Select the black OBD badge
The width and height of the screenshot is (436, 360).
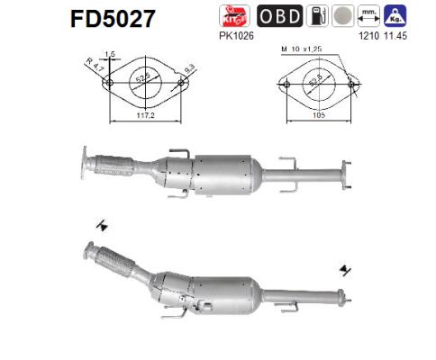click(279, 15)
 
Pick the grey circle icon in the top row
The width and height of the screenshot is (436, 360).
click(338, 15)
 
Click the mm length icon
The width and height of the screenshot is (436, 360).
click(367, 15)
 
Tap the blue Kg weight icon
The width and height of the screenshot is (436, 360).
click(395, 15)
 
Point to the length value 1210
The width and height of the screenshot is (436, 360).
click(367, 35)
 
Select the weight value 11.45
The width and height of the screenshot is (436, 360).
click(395, 35)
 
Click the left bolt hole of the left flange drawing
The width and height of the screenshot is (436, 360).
click(110, 84)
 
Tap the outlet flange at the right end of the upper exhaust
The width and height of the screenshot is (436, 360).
click(342, 176)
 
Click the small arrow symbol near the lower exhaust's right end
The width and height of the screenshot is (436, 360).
click(345, 269)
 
